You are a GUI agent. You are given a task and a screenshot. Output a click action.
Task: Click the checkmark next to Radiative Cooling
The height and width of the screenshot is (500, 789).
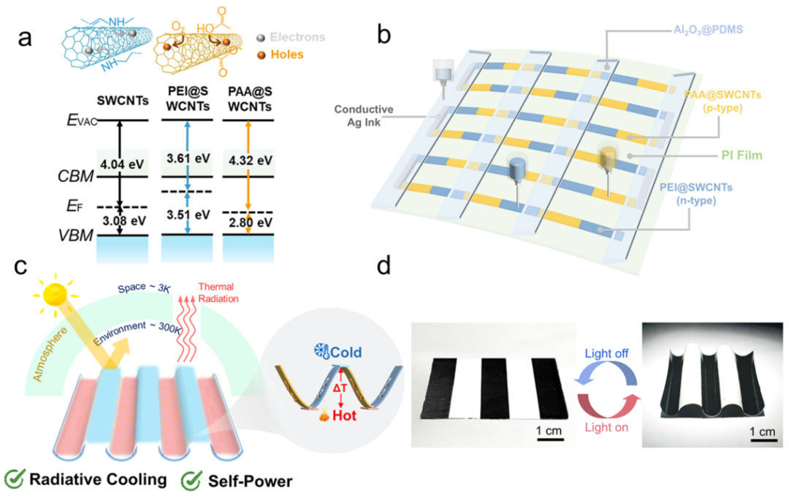14,480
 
